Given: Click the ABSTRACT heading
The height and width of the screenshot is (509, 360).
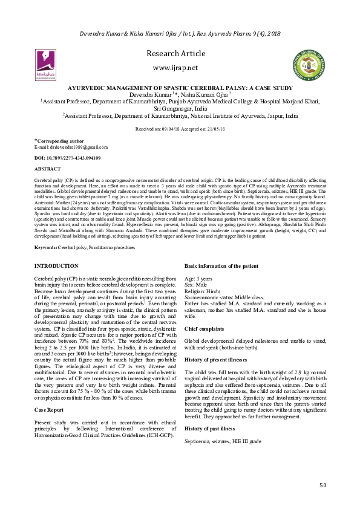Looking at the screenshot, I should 48,169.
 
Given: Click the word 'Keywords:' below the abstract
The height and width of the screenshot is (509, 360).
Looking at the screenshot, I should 46,248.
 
